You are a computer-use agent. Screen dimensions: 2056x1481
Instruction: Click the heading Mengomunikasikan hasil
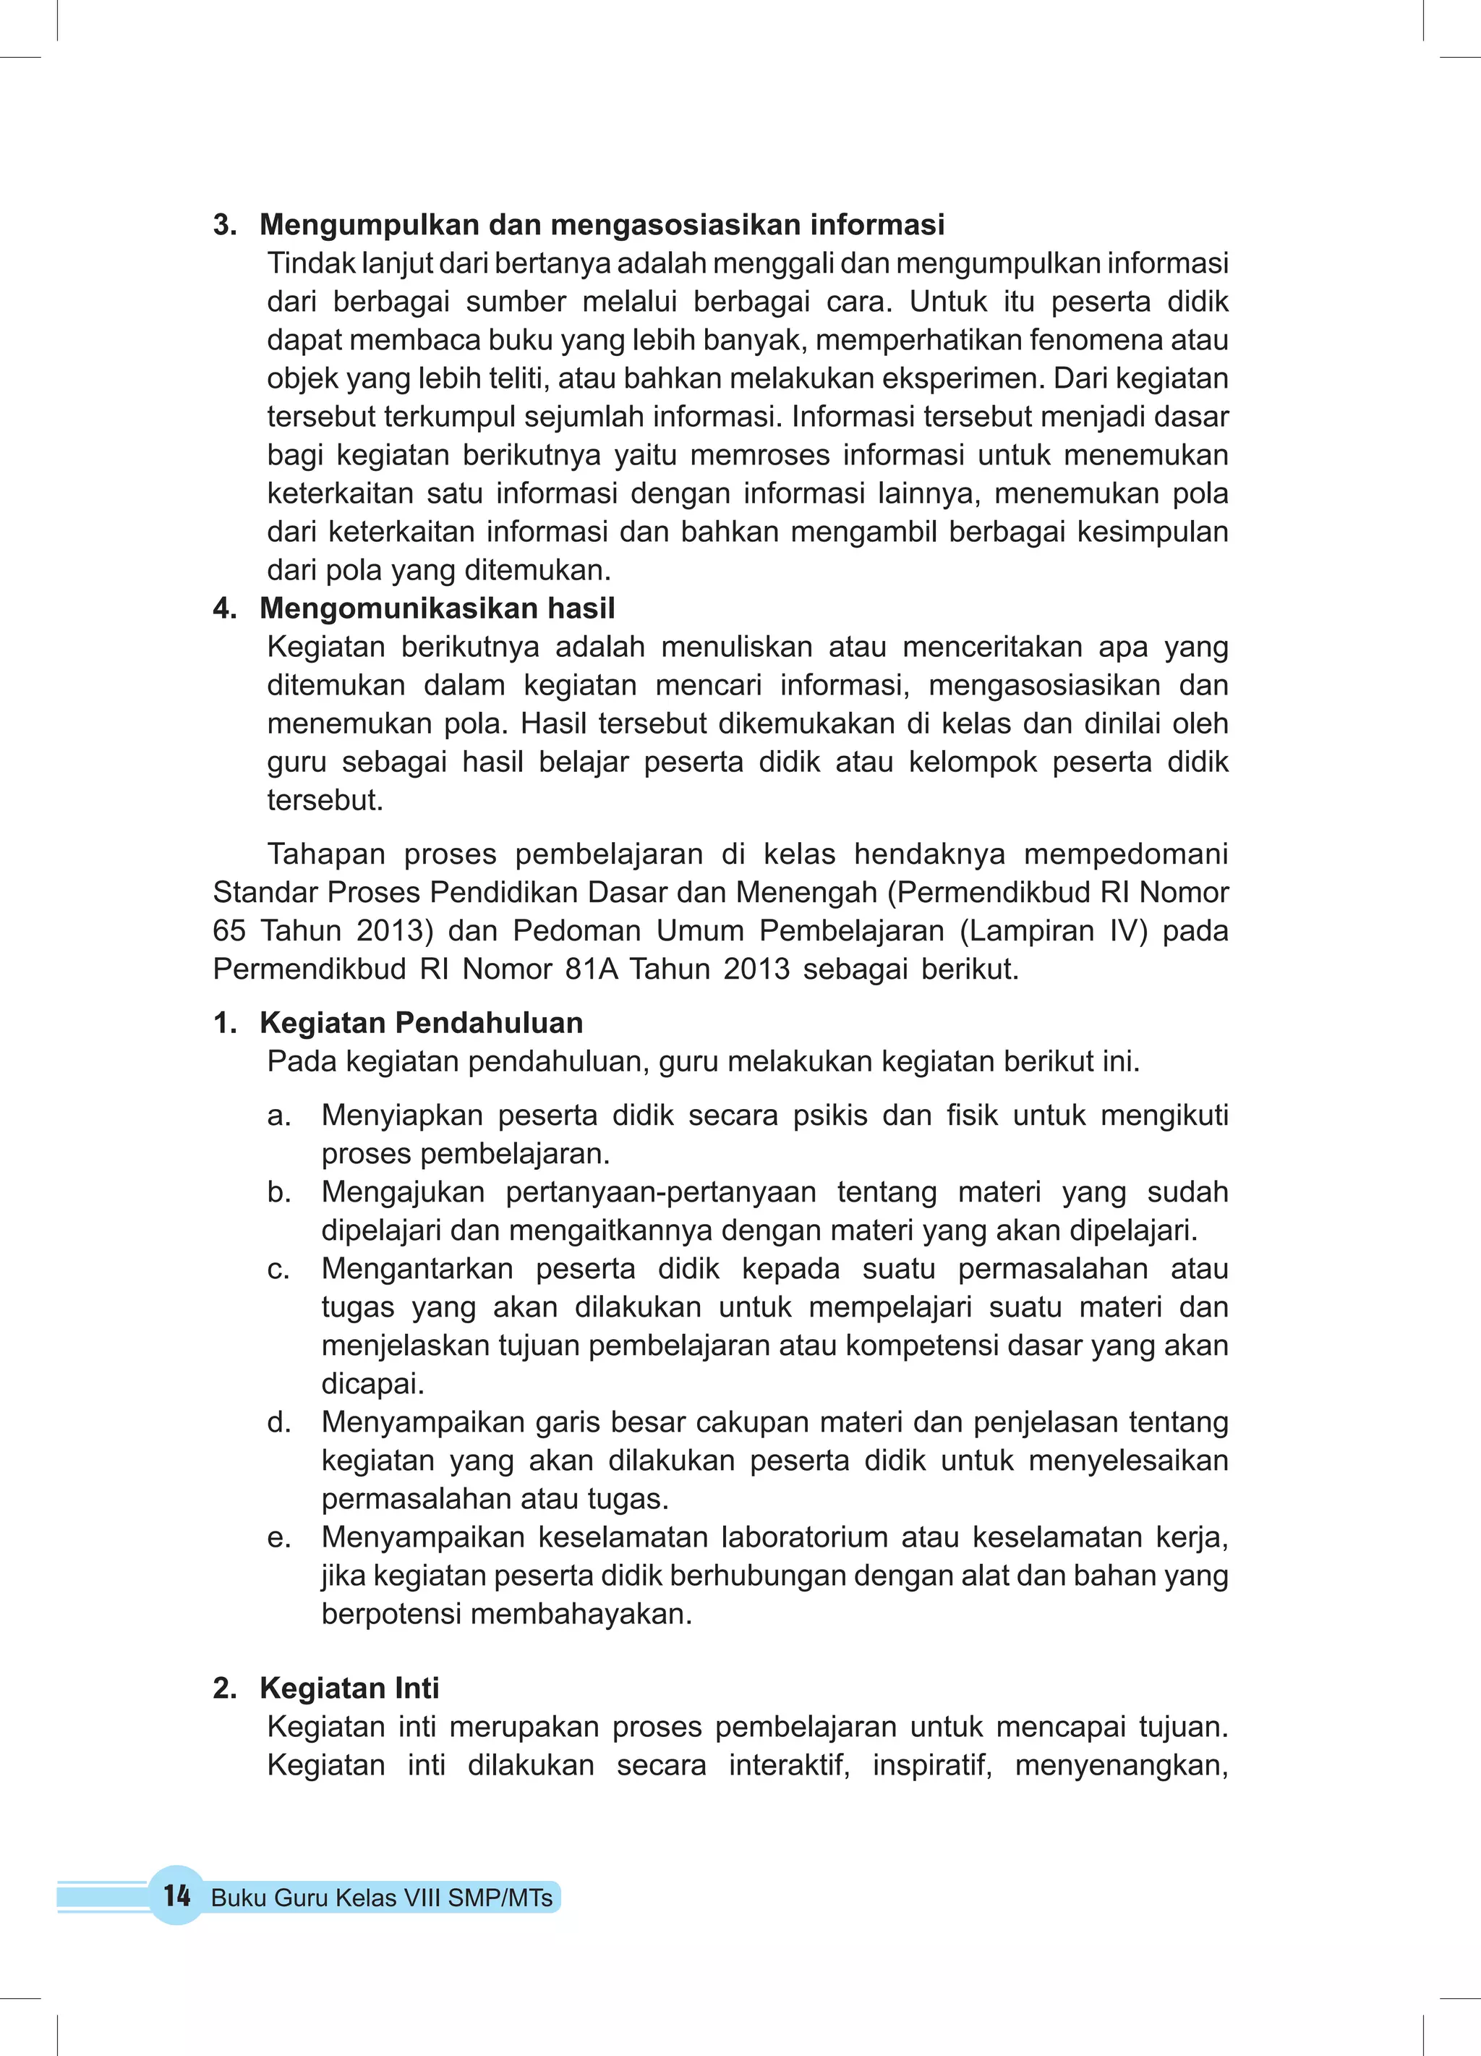pos(437,608)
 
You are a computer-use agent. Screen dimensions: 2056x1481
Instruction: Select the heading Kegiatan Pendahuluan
pos(421,1022)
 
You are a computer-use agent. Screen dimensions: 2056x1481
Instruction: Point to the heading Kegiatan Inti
pos(349,1688)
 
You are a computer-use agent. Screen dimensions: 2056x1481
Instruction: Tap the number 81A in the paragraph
pos(591,969)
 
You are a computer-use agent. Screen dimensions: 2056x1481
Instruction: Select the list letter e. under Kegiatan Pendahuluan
pos(279,1537)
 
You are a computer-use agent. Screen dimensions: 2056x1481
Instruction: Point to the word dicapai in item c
pos(372,1384)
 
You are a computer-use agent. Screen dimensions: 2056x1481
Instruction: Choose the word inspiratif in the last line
pos(931,1765)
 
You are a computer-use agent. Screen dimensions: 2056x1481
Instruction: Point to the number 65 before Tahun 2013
pos(229,931)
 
